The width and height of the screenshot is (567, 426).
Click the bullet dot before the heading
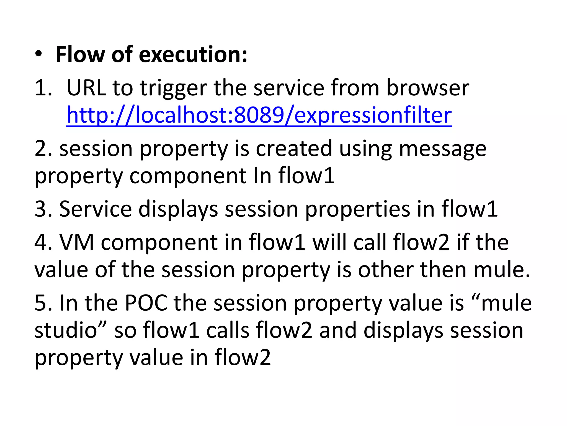(39, 54)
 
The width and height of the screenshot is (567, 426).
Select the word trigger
(173, 88)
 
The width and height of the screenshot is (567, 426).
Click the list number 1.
(43, 88)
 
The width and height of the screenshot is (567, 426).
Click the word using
(365, 149)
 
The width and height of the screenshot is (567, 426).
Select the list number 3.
(43, 209)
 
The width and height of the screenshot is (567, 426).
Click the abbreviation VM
(76, 242)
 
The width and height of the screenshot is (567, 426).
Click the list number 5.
(43, 303)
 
